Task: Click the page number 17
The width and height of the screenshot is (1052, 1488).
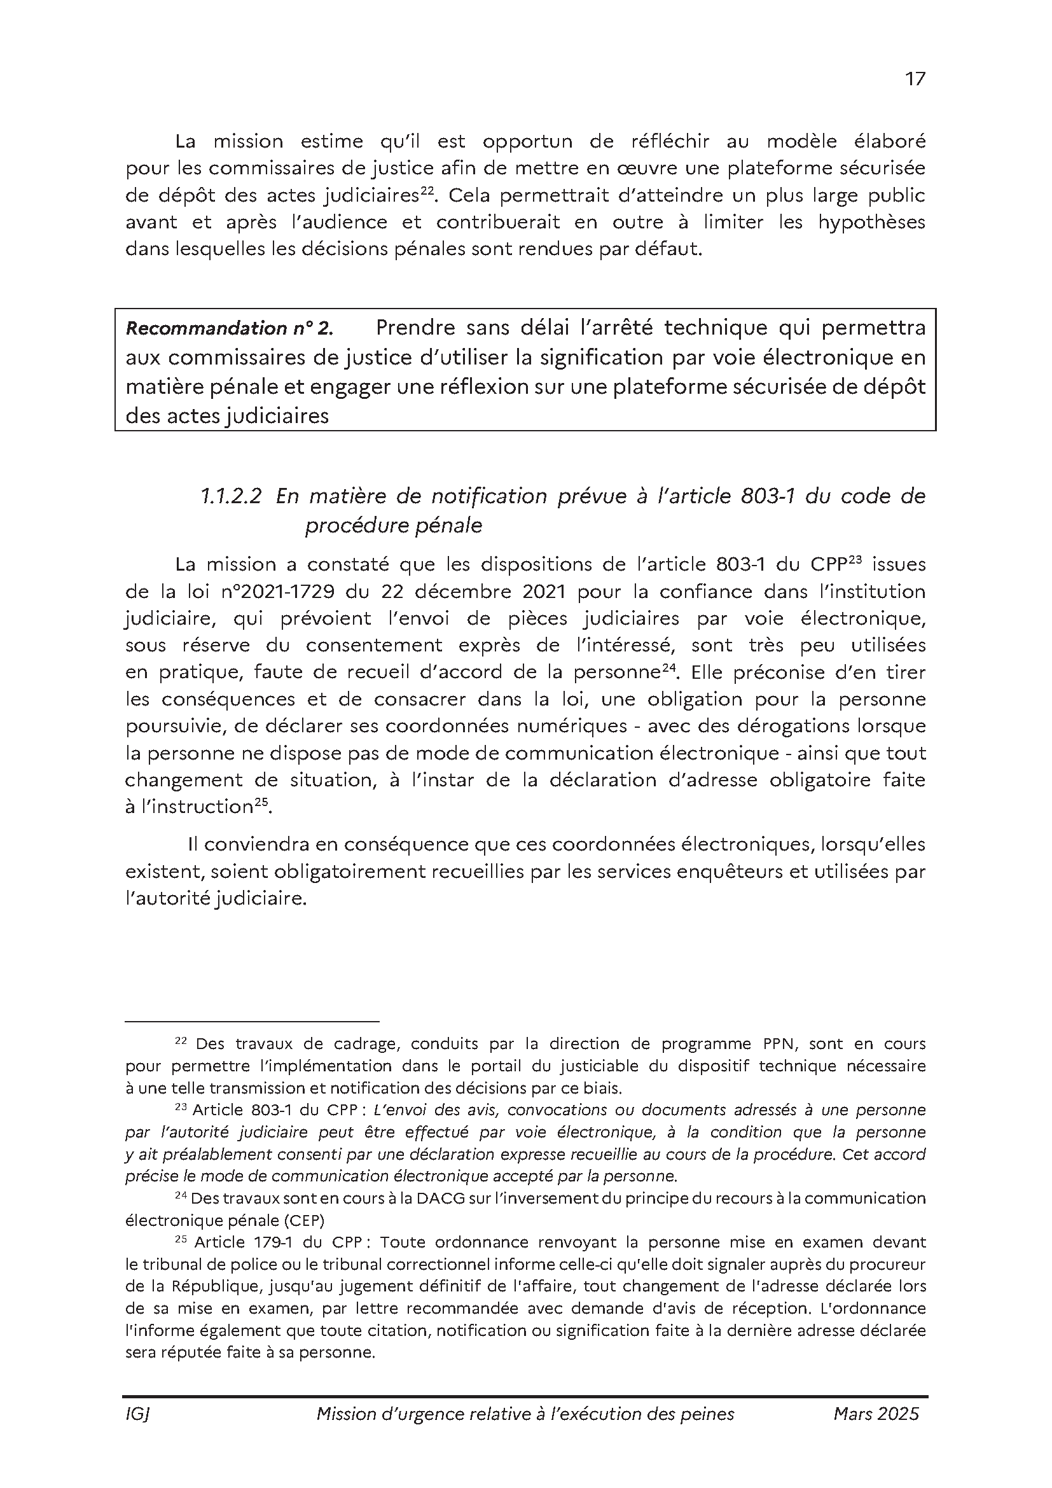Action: point(915,79)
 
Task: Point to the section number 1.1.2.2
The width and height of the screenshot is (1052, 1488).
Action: point(230,496)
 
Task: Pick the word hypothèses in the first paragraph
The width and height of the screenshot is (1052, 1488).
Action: point(871,222)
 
